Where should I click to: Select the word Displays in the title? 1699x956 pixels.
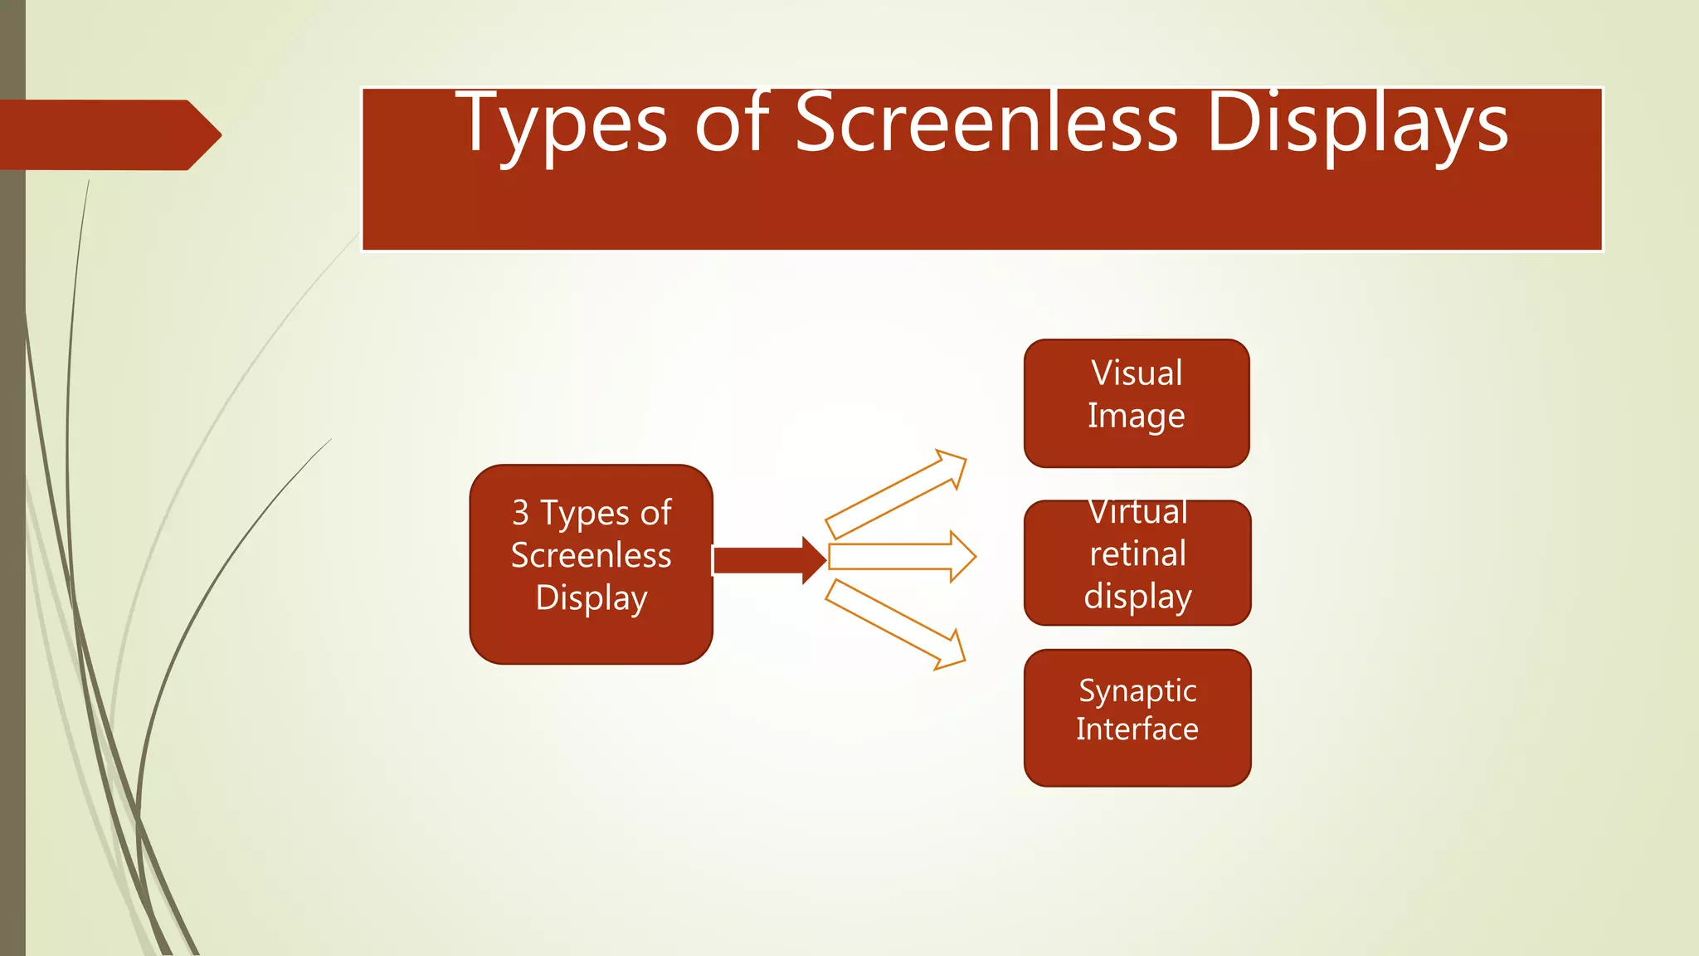1357,124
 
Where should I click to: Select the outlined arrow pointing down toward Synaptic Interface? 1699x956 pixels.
896,624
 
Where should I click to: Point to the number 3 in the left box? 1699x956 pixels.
520,512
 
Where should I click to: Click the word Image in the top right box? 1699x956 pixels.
1136,416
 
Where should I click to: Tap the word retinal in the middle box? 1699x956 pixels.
1137,554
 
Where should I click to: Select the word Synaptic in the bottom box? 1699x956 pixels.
1137,690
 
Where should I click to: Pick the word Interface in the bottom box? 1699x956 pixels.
1137,729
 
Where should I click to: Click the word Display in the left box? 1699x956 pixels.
591,597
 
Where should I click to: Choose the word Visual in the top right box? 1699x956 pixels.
1137,373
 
